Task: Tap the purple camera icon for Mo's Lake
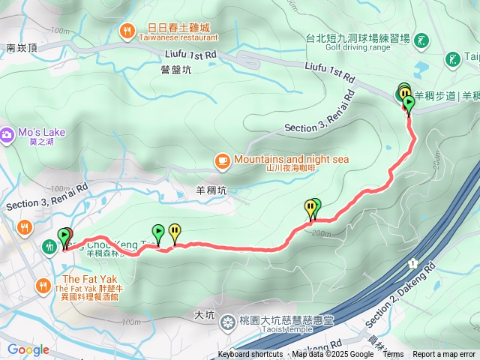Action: [x=7, y=134]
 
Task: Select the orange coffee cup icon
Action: [x=222, y=160]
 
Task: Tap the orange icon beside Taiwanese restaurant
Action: [x=126, y=31]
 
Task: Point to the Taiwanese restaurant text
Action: [x=178, y=37]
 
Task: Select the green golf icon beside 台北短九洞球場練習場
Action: [x=421, y=39]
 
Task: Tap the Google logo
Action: [x=28, y=349]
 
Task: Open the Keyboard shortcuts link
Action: [x=250, y=355]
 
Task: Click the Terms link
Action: [x=393, y=355]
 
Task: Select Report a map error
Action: [x=444, y=355]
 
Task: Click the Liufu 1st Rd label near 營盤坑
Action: [x=190, y=55]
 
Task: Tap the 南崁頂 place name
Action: [x=22, y=47]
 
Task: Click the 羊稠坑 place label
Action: [x=211, y=190]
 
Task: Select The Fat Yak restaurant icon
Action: [x=43, y=285]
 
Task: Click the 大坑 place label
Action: [x=203, y=315]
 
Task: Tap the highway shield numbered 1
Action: [x=413, y=263]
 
